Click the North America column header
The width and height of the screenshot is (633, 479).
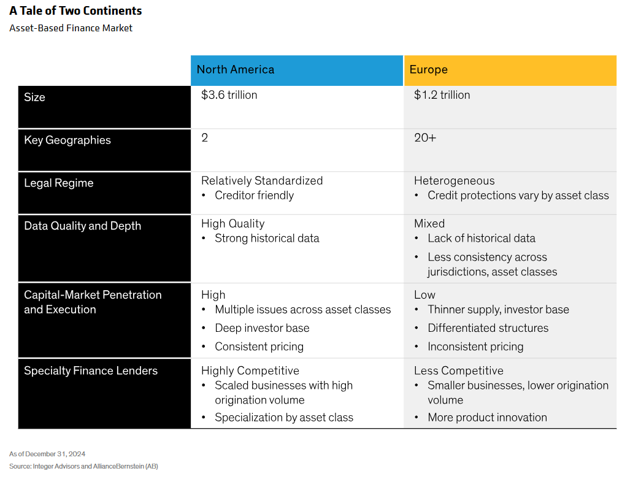click(236, 69)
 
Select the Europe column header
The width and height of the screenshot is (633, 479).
click(428, 69)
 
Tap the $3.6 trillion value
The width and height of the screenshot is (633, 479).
click(229, 95)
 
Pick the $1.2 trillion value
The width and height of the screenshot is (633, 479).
click(442, 95)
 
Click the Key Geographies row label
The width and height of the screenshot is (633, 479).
click(67, 140)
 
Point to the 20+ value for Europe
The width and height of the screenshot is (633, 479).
click(425, 137)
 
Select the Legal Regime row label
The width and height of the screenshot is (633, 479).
click(59, 183)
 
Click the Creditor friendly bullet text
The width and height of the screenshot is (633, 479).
click(255, 195)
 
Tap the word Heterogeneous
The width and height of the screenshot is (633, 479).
click(455, 181)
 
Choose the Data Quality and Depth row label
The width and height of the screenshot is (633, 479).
click(83, 226)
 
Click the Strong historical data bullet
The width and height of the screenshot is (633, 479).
click(267, 238)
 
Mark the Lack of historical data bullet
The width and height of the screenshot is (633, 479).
click(481, 238)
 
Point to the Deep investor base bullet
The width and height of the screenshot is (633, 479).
click(262, 328)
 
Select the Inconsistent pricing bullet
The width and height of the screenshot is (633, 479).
click(475, 347)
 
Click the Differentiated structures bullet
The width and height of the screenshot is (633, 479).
click(488, 328)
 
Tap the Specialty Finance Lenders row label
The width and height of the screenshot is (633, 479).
click(91, 370)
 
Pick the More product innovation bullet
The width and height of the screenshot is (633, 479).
click(487, 417)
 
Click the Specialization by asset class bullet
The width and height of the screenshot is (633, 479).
click(284, 417)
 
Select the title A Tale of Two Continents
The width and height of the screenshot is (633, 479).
click(75, 11)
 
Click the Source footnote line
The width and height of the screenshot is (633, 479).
click(83, 466)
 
